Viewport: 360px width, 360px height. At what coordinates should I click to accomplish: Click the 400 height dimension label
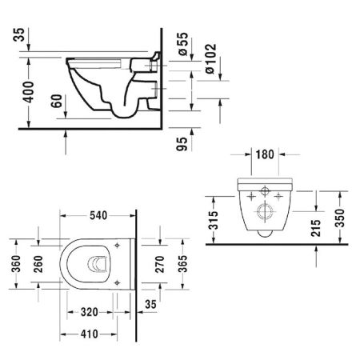tap(29, 92)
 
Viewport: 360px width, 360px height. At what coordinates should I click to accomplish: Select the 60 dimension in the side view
tap(57, 101)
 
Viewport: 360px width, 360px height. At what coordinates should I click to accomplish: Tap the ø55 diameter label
tap(183, 44)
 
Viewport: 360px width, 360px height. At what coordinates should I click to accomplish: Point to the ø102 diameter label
tap(210, 58)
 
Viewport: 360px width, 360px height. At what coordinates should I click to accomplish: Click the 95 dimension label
tap(182, 144)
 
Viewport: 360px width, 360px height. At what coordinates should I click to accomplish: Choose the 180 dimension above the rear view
tap(265, 154)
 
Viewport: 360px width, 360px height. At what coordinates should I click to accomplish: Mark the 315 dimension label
tap(214, 220)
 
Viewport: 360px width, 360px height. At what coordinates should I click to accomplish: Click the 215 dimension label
tap(316, 228)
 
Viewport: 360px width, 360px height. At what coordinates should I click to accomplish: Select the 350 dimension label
tap(340, 218)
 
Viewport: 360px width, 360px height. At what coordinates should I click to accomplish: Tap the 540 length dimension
tap(98, 215)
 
